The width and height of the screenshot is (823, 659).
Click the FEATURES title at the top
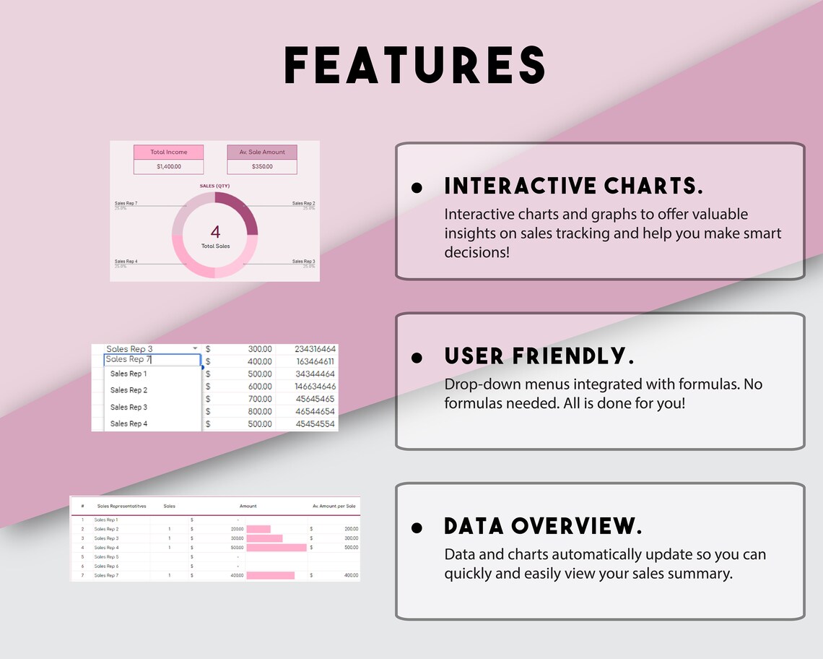pos(414,65)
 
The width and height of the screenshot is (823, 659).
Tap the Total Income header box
pos(168,152)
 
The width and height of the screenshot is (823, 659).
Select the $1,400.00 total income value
pos(168,167)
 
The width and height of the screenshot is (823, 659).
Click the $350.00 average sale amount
pos(262,167)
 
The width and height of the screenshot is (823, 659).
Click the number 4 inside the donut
pos(215,232)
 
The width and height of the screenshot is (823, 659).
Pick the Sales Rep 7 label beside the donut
pos(126,204)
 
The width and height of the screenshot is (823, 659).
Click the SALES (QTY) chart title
pos(214,186)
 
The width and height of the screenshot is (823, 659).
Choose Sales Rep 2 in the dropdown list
pos(129,390)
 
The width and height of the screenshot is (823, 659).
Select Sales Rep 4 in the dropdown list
pos(129,423)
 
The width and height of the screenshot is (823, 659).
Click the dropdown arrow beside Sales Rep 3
pos(195,349)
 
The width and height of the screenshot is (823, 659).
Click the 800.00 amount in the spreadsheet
pos(260,411)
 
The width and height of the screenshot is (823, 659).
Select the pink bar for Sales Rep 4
pos(276,548)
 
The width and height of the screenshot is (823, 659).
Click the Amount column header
pos(248,507)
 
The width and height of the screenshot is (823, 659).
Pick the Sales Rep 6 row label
pos(106,566)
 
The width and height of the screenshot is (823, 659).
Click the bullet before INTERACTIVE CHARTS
pos(417,187)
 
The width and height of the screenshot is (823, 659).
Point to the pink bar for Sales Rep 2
pos(258,529)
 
